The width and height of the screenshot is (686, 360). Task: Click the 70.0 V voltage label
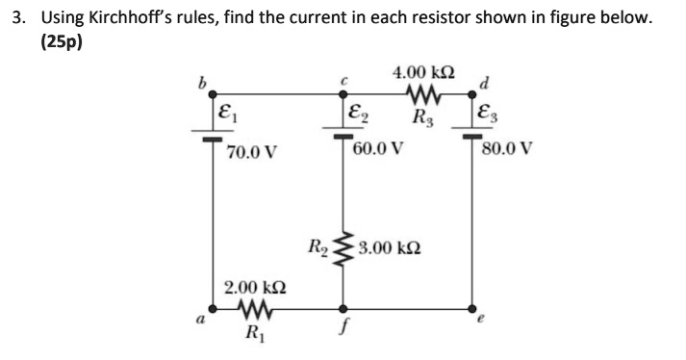coord(252,152)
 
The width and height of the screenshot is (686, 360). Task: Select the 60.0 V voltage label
coord(377,149)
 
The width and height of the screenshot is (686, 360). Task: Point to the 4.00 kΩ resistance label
coord(424,73)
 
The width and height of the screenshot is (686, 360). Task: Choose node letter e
coord(482,324)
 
